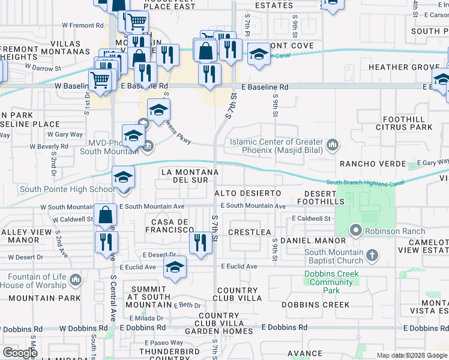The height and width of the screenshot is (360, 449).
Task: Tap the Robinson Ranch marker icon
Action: coord(355,230)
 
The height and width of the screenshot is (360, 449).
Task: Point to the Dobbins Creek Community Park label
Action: coord(332,282)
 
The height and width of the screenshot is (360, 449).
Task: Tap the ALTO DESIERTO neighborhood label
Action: coord(248,193)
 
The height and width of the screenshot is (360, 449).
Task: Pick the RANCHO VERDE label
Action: coord(366,164)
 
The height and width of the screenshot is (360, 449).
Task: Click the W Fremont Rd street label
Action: coord(83,26)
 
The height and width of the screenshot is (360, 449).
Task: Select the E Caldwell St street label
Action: coord(312,219)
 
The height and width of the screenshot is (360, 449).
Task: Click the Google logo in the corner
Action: coord(20,353)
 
